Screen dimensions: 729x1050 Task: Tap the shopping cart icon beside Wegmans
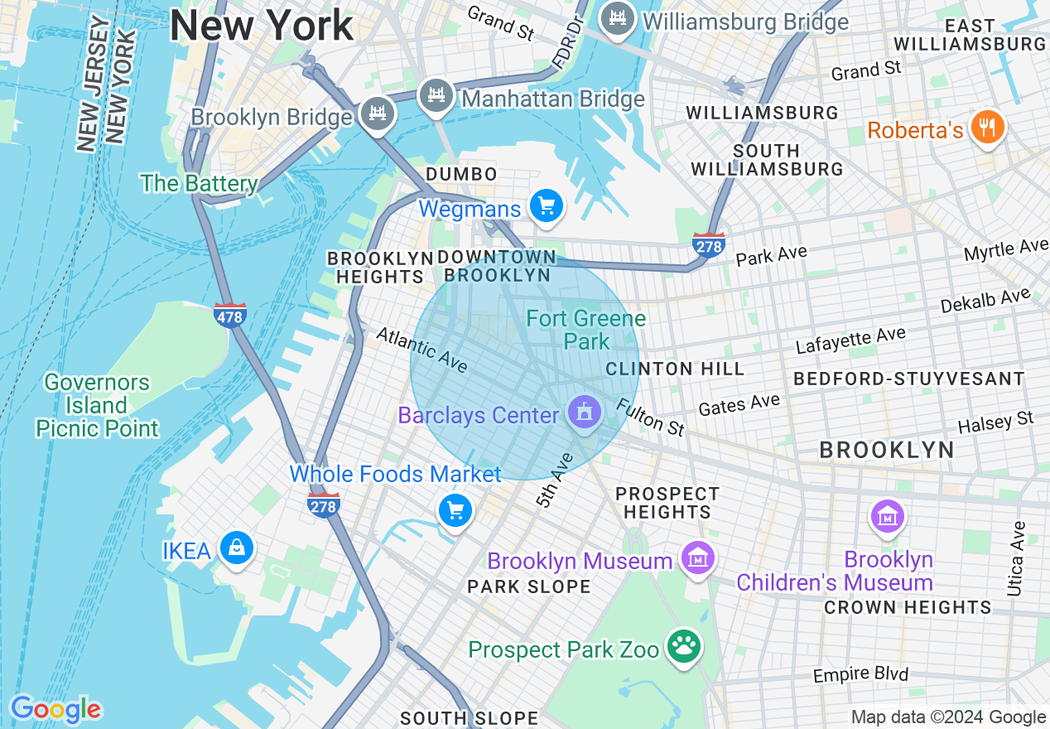(x=547, y=205)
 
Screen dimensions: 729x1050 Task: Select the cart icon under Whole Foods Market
(x=455, y=510)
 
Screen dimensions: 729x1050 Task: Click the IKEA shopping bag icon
(x=237, y=548)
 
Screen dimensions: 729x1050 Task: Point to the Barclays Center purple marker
(x=585, y=412)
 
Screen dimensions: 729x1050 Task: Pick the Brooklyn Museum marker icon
(x=697, y=558)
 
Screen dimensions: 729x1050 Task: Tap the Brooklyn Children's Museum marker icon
(x=887, y=517)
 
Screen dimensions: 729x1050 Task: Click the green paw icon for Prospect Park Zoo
(x=684, y=646)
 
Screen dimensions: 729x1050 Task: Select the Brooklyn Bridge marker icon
(x=378, y=113)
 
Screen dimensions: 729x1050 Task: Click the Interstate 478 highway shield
(x=229, y=315)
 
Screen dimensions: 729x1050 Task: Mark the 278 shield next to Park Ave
(x=709, y=245)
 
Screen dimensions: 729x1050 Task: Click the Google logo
(x=55, y=709)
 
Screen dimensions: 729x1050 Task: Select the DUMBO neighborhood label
(x=461, y=174)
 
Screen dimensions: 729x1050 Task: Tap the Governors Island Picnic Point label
(x=97, y=405)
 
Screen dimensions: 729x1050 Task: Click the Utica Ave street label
(x=1017, y=559)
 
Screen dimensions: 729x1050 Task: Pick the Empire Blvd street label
(x=860, y=675)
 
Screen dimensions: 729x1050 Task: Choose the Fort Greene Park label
(x=586, y=330)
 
